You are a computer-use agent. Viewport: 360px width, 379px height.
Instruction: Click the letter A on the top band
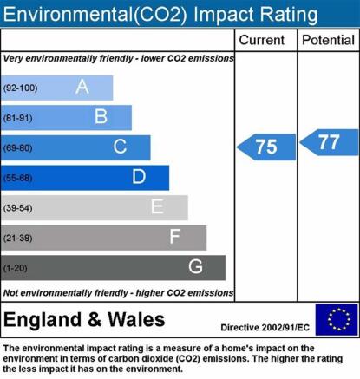(82, 87)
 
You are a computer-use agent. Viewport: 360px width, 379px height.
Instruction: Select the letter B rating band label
(101, 116)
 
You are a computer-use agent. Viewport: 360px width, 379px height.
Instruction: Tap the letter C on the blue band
(120, 147)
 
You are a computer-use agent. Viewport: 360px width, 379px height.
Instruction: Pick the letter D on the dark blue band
(139, 176)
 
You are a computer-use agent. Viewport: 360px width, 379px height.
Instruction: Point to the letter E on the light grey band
(157, 206)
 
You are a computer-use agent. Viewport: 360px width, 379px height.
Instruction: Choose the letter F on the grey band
(175, 237)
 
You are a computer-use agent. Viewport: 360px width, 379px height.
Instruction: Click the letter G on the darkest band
(195, 266)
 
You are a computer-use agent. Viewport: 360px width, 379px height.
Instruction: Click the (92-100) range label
(20, 88)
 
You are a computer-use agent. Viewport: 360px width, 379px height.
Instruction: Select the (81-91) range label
(18, 118)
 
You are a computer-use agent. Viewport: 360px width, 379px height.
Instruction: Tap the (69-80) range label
(18, 148)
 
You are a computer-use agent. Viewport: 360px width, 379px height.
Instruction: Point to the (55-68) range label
(18, 178)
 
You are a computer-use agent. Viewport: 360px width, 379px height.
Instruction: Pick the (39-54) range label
(18, 208)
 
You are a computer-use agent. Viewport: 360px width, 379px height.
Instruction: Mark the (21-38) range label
(18, 238)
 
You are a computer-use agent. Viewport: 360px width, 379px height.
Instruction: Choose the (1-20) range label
(16, 268)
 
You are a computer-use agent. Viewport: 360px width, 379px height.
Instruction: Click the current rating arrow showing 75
(266, 147)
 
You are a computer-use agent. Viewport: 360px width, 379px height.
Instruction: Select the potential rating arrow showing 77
(329, 142)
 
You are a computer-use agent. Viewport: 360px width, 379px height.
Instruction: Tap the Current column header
(262, 40)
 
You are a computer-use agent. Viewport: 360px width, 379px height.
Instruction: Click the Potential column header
(328, 40)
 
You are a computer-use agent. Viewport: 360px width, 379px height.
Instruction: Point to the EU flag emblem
(337, 319)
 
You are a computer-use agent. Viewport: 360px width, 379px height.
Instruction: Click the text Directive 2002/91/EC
(265, 328)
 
